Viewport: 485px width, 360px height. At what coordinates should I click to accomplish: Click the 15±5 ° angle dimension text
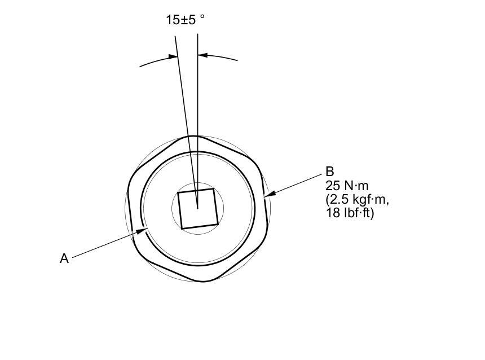(186, 20)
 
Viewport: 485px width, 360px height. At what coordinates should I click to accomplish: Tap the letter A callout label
(64, 258)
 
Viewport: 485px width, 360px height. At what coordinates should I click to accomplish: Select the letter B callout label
(330, 172)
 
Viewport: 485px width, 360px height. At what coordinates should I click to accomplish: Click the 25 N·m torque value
(347, 186)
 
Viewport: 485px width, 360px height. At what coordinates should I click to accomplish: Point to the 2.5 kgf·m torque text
(357, 200)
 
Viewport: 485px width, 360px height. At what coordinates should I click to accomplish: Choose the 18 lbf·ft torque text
(350, 213)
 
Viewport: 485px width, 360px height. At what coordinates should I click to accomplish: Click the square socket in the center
(198, 209)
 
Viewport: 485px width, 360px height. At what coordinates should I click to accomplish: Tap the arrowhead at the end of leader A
(142, 231)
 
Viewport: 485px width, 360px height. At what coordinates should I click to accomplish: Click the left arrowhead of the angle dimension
(173, 56)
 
